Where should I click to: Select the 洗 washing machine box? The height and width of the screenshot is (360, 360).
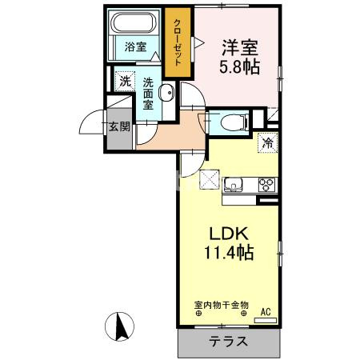[124, 80]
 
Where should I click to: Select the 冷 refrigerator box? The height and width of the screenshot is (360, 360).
[269, 145]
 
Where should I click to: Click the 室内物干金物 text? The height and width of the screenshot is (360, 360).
[222, 305]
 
